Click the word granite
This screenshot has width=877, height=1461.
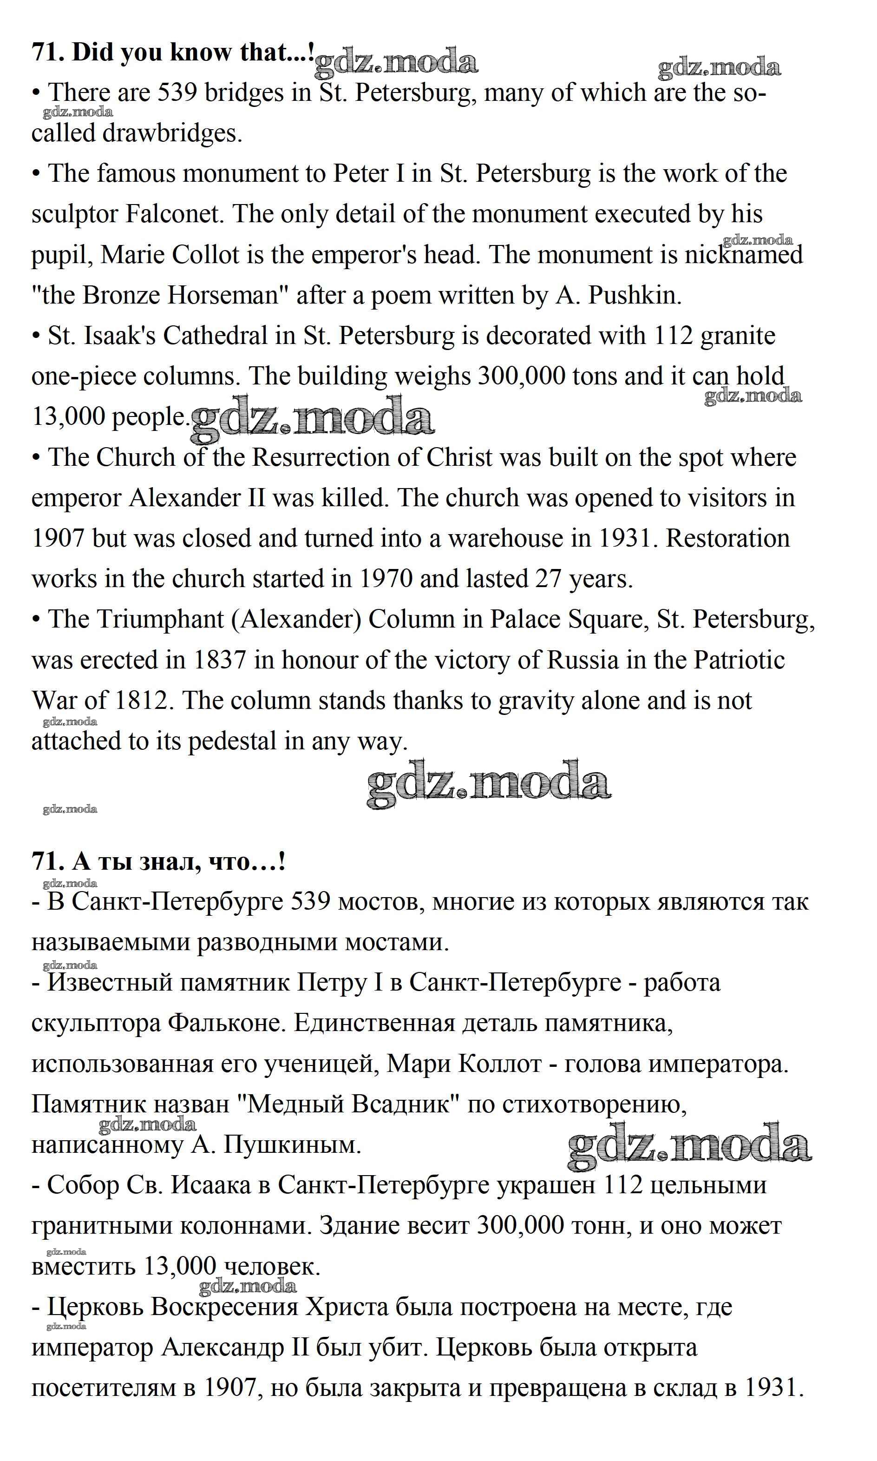(738, 336)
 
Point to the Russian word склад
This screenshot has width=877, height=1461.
(705, 1388)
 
